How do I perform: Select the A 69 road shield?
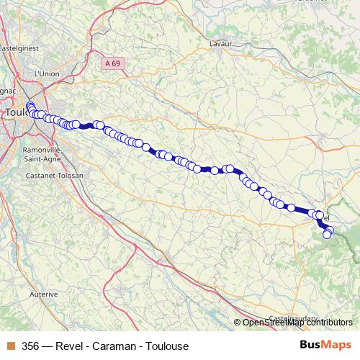pyautogui.click(x=111, y=63)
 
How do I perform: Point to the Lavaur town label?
pyautogui.click(x=220, y=43)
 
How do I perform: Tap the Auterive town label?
pyautogui.click(x=44, y=294)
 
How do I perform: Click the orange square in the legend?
pyautogui.click(x=10, y=346)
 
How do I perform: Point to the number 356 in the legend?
pyautogui.click(x=31, y=346)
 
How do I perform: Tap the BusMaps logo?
pyautogui.click(x=325, y=346)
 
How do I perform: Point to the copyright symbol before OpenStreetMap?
pyautogui.click(x=238, y=323)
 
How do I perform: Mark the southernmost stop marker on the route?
pyautogui.click(x=327, y=235)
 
